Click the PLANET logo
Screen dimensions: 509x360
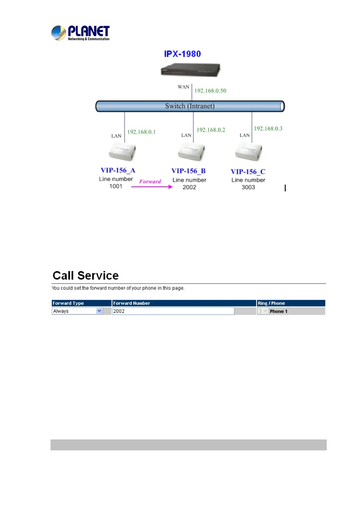tap(80, 33)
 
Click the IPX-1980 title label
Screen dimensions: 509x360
tap(182, 54)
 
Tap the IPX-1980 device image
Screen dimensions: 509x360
tap(190, 70)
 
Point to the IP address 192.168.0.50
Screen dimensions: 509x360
tap(210, 91)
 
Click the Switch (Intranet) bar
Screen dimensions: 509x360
tap(190, 106)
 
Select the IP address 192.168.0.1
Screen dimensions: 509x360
tap(141, 132)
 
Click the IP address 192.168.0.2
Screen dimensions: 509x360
tap(211, 130)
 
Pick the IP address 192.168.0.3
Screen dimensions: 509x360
tap(268, 128)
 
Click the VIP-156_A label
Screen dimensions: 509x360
tap(118, 170)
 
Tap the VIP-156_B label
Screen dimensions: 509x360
tap(188, 171)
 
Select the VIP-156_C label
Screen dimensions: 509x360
tap(248, 172)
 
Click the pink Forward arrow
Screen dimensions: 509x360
tap(152, 186)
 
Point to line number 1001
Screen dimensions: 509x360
tap(116, 186)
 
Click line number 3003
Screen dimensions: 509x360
tap(248, 187)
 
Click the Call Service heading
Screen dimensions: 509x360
tap(86, 276)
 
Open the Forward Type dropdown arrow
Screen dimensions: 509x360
tap(99, 311)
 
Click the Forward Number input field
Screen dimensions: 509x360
tap(173, 311)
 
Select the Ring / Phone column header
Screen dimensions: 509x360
tap(271, 303)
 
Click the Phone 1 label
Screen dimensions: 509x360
tap(279, 311)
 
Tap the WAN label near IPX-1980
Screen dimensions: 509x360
tap(183, 87)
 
